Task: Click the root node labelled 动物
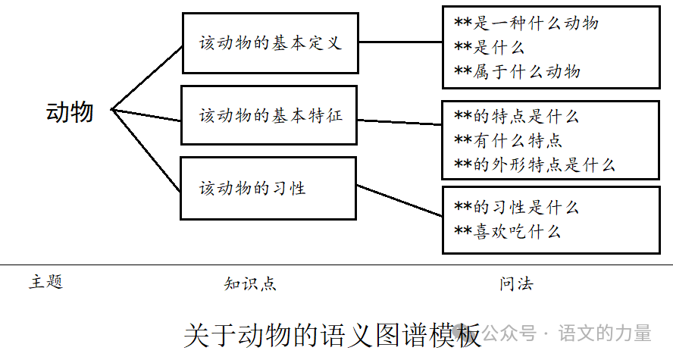[x=70, y=112]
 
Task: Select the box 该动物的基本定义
[x=270, y=43]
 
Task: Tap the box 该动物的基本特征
[x=269, y=116]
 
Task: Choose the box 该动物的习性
[x=268, y=188]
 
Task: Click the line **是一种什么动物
[x=526, y=23]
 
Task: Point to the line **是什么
[x=489, y=48]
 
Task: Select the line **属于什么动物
[x=517, y=72]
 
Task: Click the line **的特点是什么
[x=516, y=117]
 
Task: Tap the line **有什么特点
[x=508, y=141]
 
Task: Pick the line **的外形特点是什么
[x=534, y=164]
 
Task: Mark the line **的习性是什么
[x=516, y=208]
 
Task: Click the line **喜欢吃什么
[x=508, y=232]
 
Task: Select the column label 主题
[x=45, y=283]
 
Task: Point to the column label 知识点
[x=250, y=284]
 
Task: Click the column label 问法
[x=516, y=284]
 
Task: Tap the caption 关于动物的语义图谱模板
[x=332, y=335]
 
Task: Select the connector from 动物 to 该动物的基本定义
[x=147, y=77]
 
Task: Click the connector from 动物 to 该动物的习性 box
[x=147, y=149]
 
